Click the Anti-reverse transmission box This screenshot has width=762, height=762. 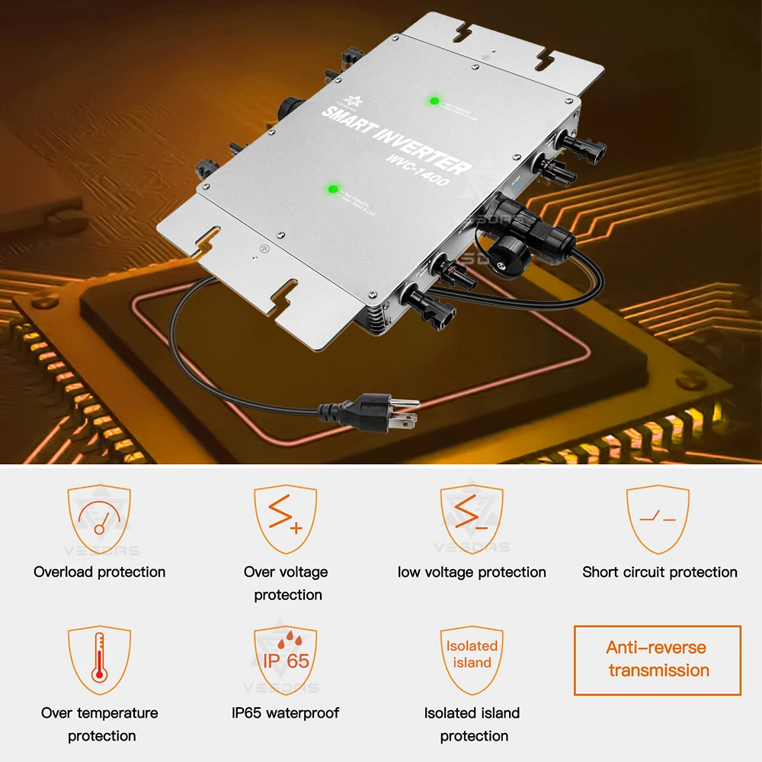[657, 660]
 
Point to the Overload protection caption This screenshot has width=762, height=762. [99, 572]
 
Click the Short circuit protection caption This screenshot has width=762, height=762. [660, 572]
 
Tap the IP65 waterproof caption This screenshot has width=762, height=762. [285, 713]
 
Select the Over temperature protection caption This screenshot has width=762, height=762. [100, 725]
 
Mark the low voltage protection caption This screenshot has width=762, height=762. [472, 572]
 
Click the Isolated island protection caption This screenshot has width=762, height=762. [472, 725]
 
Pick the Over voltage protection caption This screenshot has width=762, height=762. [287, 584]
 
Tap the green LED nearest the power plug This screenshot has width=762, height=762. [332, 190]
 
